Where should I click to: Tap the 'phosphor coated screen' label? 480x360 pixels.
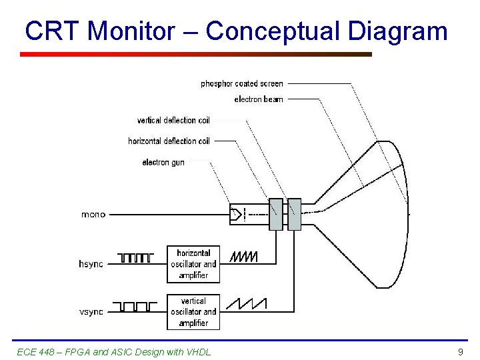tap(242, 84)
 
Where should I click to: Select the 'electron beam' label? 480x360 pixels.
tap(259, 99)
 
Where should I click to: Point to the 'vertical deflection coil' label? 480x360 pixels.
tap(173, 121)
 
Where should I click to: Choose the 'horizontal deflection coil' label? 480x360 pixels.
tap(169, 141)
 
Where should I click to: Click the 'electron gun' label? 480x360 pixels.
tap(163, 162)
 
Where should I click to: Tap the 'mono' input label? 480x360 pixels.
tap(93, 215)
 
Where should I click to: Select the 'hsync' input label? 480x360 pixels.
tap(91, 264)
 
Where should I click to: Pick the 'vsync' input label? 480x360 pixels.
tap(91, 312)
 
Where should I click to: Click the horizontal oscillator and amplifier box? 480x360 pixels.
tap(193, 264)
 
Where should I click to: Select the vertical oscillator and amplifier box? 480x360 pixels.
tap(193, 312)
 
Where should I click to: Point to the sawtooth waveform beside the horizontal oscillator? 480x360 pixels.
tap(243, 257)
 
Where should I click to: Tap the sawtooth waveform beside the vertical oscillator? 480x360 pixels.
tap(246, 304)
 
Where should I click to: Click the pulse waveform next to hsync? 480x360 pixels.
tap(136, 257)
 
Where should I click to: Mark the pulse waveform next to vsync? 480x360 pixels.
tap(136, 306)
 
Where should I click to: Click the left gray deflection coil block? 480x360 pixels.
tap(276, 214)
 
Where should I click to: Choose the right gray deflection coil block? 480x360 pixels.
tap(294, 214)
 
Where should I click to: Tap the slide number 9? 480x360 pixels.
tap(460, 351)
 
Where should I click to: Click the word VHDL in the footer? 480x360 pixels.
tap(198, 351)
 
